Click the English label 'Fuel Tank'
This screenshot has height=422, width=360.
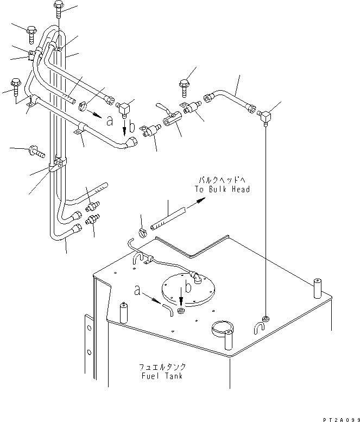point(162,376)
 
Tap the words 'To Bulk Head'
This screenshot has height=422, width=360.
point(223,189)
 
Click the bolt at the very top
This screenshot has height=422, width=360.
point(59,9)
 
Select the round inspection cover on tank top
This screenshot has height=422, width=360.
point(188,289)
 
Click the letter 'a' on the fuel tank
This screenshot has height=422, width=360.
point(137,291)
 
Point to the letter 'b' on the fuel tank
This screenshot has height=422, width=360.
point(188,286)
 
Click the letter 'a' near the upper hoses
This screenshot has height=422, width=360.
point(110,121)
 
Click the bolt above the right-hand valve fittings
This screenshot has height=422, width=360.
point(184,88)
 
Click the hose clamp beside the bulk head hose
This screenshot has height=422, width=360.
point(143,232)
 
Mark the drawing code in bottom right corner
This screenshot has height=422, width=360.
point(341,420)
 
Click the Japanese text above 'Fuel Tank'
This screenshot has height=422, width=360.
point(162,367)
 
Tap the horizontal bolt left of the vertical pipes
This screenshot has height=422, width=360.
point(36,152)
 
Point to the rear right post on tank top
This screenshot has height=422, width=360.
point(318,288)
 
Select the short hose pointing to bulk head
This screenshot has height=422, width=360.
point(168,218)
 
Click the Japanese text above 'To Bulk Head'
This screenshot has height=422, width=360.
point(222,180)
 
